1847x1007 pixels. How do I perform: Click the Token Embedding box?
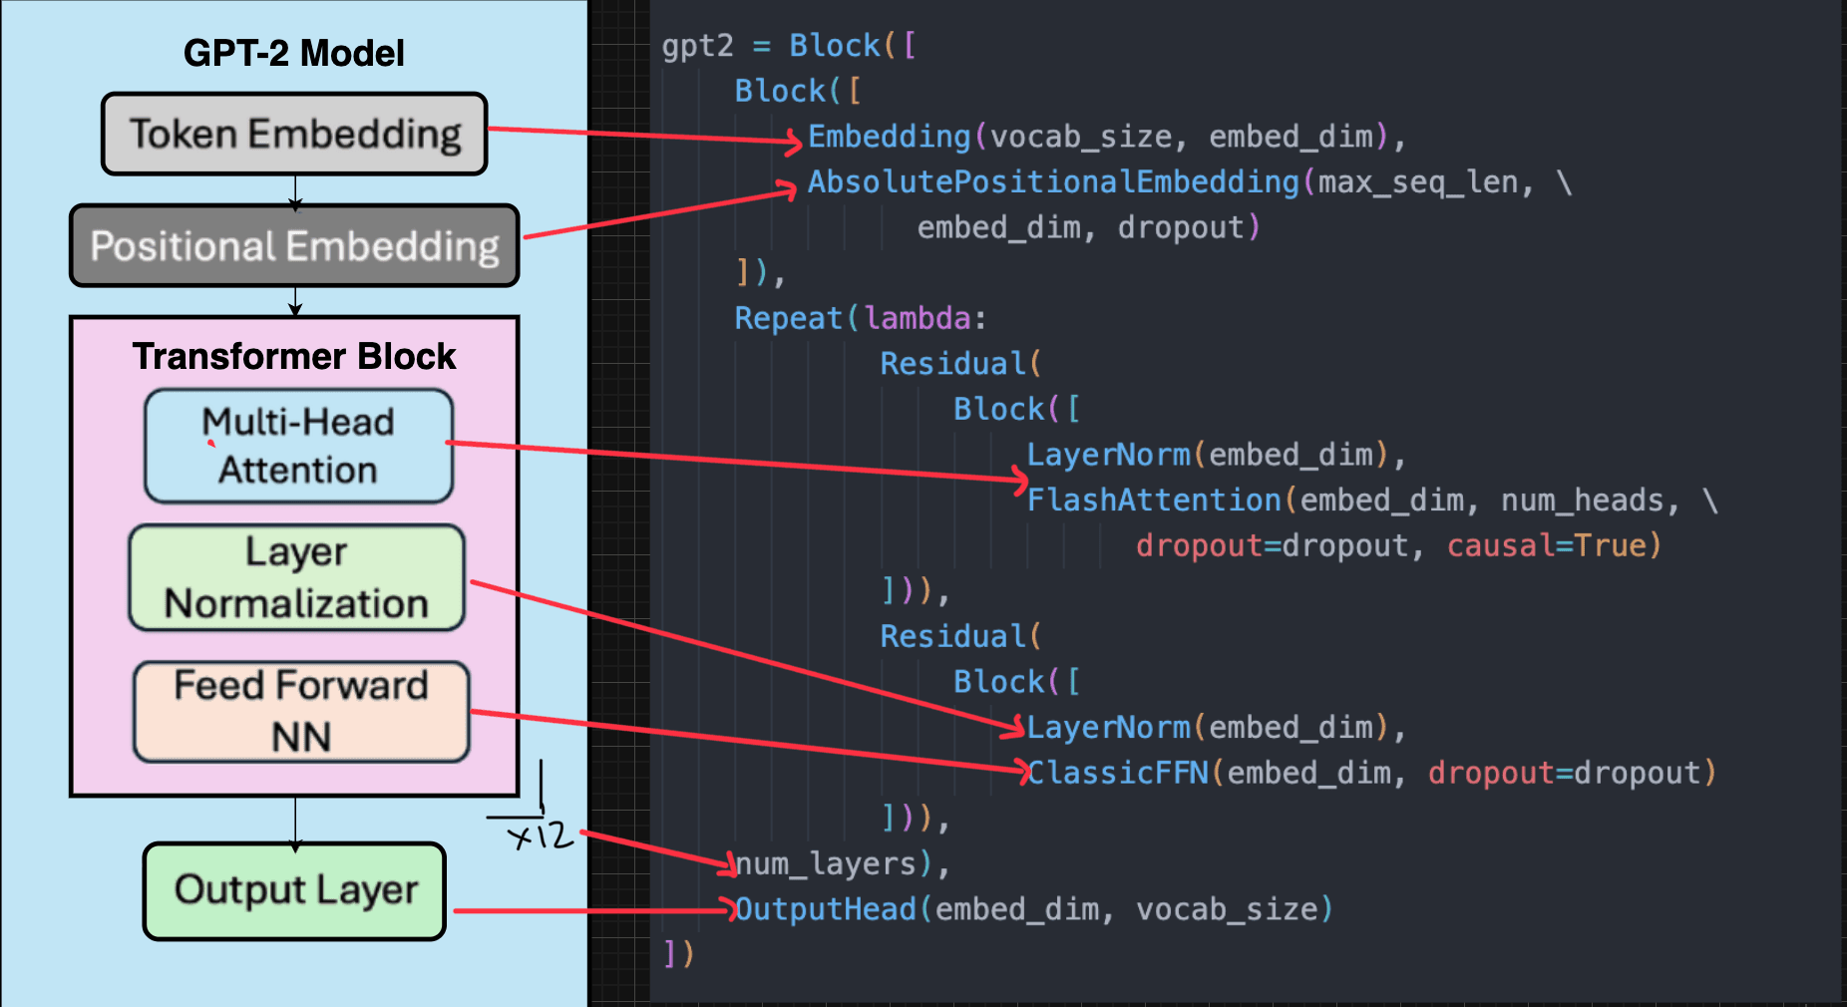(x=294, y=135)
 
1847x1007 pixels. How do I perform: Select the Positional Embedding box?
(x=294, y=246)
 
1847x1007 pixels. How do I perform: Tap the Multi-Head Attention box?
(x=298, y=446)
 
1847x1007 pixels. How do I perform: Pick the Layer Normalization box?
(x=296, y=578)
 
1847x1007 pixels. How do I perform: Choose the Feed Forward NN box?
(x=300, y=711)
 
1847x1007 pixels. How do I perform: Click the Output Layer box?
(x=295, y=890)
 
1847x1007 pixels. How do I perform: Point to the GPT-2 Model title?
(x=293, y=53)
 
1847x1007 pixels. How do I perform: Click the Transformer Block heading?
(x=293, y=356)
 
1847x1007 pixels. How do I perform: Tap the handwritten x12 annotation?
(x=542, y=835)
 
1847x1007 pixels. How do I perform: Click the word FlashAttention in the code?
(x=1154, y=500)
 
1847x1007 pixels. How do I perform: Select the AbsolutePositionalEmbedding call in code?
(x=1053, y=182)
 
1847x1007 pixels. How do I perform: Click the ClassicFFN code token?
(x=1118, y=773)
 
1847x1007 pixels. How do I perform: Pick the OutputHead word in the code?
(x=826, y=909)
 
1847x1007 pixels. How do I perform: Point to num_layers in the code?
(x=826, y=863)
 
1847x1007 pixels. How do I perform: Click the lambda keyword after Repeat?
(x=918, y=318)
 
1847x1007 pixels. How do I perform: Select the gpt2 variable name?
(x=697, y=46)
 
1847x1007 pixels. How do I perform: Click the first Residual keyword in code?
(x=952, y=364)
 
